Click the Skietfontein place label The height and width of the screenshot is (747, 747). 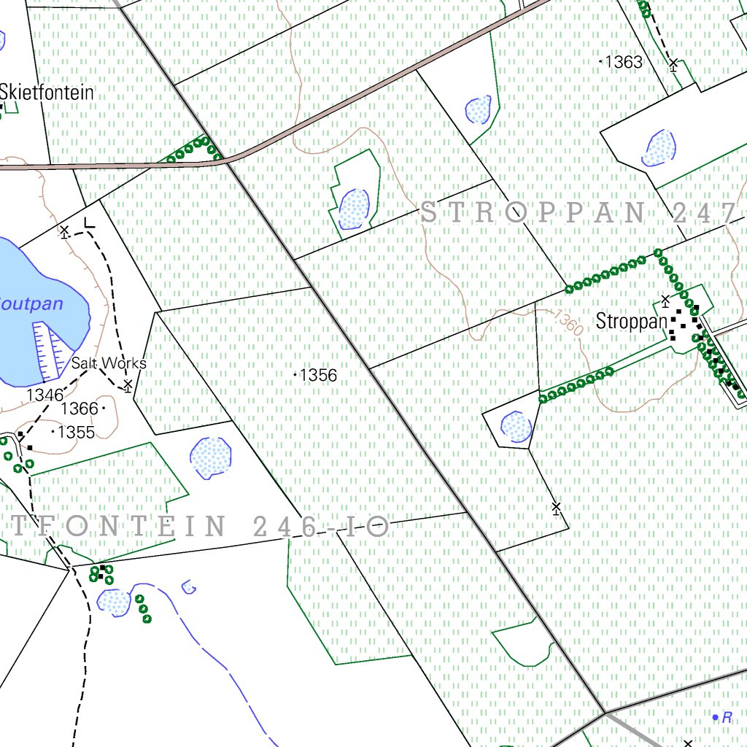pos(47,93)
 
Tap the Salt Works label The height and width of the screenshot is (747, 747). pos(109,363)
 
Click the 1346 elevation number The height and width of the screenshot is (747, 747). pos(44,395)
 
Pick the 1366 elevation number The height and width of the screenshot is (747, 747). pos(80,408)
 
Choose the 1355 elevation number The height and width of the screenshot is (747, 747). pos(76,432)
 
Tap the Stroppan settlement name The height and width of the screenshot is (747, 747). pos(631,321)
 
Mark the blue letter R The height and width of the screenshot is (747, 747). pos(726,718)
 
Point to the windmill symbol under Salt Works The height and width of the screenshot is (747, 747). pos(128,385)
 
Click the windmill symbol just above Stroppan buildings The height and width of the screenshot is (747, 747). pos(665,300)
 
